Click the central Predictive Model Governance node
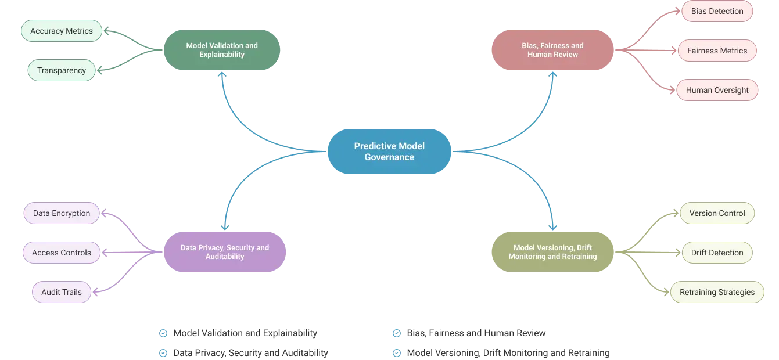[389, 152]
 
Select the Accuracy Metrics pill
[62, 31]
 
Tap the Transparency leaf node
[62, 70]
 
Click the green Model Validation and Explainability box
[222, 50]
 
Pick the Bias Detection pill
[717, 11]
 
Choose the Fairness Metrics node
[717, 51]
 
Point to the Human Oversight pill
[717, 90]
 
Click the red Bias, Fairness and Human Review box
[552, 50]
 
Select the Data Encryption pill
[62, 213]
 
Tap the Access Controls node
[62, 253]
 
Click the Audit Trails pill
[62, 292]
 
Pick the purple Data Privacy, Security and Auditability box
[225, 252]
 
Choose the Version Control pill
[717, 213]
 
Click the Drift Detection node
[717, 253]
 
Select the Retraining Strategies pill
[717, 292]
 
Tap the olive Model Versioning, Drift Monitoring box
[552, 252]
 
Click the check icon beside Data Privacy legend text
[163, 353]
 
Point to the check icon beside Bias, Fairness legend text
[396, 333]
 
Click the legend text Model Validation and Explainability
[245, 333]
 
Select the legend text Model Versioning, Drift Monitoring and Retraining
[508, 352]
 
